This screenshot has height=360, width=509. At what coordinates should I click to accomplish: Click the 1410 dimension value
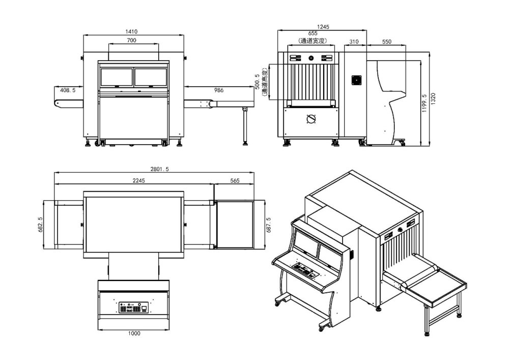(x=133, y=32)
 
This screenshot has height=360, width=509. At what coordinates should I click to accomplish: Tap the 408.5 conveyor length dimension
(x=68, y=90)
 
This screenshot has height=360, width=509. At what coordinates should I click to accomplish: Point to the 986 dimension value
(x=218, y=90)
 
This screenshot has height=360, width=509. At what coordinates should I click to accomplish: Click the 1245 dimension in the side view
(x=323, y=27)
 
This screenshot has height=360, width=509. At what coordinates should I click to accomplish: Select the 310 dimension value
(x=355, y=42)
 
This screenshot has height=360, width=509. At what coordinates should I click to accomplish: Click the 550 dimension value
(x=386, y=42)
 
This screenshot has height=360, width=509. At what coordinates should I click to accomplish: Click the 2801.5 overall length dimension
(x=155, y=170)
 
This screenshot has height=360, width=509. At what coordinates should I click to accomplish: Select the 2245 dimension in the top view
(x=134, y=180)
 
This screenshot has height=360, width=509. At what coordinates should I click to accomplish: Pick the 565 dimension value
(x=235, y=180)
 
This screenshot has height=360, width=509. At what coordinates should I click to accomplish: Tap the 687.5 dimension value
(x=269, y=224)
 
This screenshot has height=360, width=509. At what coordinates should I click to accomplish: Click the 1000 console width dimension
(x=134, y=334)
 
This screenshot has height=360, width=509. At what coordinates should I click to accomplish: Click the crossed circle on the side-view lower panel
(x=311, y=119)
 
